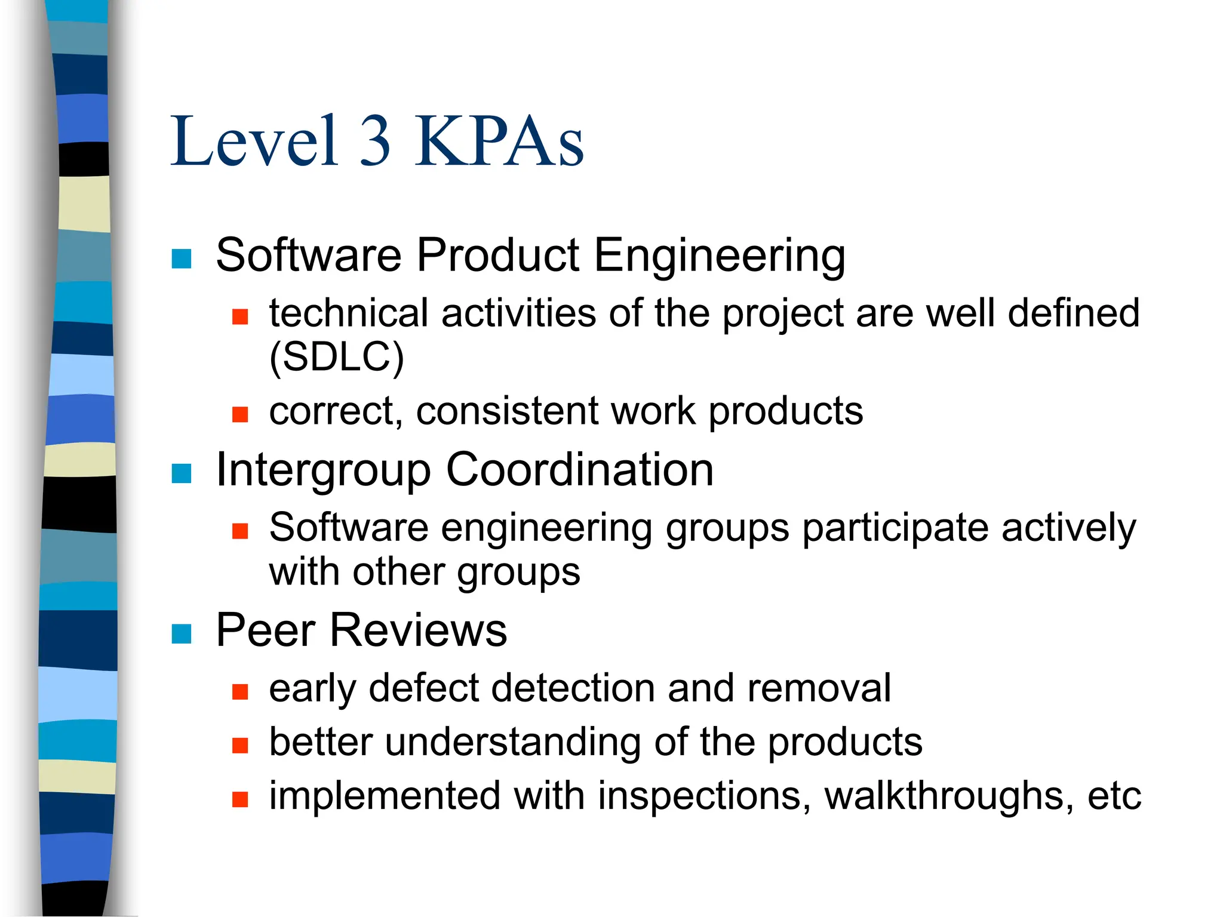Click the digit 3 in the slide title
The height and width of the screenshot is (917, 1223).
(376, 141)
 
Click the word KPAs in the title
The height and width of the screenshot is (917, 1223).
(499, 141)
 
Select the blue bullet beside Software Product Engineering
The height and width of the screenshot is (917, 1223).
(182, 259)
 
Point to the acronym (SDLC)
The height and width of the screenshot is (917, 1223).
(337, 358)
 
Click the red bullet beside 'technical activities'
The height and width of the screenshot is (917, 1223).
(240, 316)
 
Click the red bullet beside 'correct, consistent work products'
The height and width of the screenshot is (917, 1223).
(240, 414)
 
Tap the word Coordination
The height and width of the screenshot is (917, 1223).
(580, 470)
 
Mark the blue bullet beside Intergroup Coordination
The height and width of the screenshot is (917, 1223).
(182, 473)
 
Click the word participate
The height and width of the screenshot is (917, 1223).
(896, 530)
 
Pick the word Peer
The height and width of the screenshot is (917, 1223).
(265, 630)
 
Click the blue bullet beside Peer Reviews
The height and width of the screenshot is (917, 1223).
(182, 634)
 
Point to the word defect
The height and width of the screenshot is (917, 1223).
(424, 688)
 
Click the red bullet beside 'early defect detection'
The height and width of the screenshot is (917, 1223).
(240, 692)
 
